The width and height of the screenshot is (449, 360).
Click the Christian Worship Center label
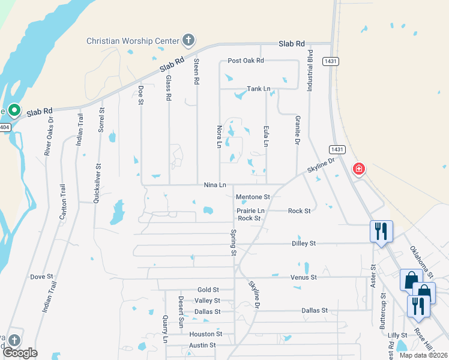(133, 41)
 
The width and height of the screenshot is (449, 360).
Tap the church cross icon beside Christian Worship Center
(188, 40)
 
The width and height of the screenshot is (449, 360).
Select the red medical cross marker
(359, 170)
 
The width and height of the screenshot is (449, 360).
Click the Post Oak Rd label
(246, 61)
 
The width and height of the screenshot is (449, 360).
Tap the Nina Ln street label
(214, 185)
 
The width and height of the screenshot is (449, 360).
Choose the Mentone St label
(253, 197)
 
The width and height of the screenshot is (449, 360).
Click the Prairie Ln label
(250, 211)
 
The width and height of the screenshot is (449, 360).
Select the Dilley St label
(303, 244)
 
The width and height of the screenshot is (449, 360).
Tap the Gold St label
(208, 290)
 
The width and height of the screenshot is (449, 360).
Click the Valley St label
(207, 301)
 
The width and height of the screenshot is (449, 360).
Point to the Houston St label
(206, 334)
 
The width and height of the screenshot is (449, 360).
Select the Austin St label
(202, 345)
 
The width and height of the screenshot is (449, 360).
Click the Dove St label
(42, 277)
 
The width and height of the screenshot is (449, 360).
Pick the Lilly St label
(397, 335)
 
